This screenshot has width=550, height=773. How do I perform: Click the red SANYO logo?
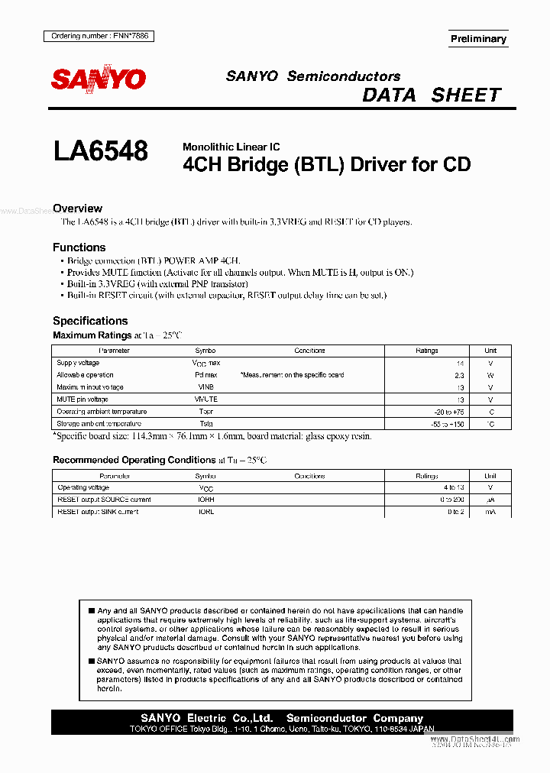coord(98,79)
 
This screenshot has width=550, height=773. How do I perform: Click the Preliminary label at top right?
coord(478,39)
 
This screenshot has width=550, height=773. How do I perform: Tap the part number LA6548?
coord(100,150)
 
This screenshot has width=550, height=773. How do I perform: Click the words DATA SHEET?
coord(432,95)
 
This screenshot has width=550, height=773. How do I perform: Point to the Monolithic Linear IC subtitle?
coord(231,147)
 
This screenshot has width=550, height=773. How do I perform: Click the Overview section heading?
coord(77,209)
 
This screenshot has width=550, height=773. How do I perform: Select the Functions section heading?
coord(79,247)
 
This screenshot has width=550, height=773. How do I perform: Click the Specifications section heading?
coord(90,321)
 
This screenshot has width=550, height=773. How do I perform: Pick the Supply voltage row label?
coord(78,363)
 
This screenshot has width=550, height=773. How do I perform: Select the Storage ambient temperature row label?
coord(99,423)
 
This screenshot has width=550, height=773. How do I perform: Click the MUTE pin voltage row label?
coord(82,399)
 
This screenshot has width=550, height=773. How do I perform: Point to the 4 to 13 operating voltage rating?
coord(453,487)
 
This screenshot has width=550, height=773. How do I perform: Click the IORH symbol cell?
coord(205,500)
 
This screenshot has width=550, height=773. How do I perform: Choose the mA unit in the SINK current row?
coord(490,512)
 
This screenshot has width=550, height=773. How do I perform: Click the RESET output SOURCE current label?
coord(104,500)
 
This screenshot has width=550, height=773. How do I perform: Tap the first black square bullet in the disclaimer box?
coord(91,611)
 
